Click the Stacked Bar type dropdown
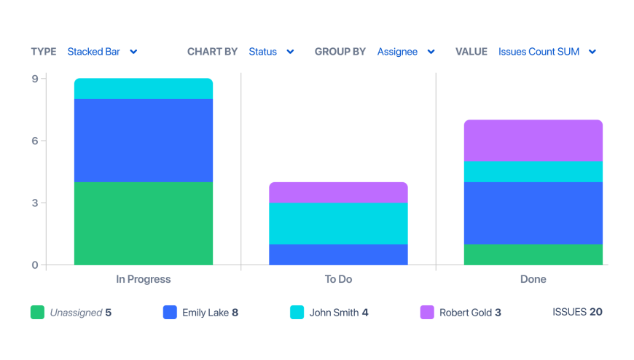(102, 52)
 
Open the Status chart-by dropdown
(271, 52)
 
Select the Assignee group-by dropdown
(406, 52)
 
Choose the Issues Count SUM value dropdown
(547, 52)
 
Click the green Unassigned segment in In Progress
(144, 223)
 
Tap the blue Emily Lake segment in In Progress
(144, 141)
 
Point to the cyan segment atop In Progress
(144, 89)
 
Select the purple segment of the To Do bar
(338, 192)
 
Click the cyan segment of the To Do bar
(338, 223)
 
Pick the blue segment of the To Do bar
(338, 254)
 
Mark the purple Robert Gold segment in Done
(533, 141)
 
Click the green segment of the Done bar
(533, 254)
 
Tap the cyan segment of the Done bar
(533, 171)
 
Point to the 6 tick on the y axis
(35, 141)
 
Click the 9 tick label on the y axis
(35, 79)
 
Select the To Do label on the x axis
(338, 279)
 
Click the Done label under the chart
(533, 279)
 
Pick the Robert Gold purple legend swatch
(427, 313)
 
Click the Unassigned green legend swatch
(37, 313)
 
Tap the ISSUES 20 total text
(577, 312)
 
